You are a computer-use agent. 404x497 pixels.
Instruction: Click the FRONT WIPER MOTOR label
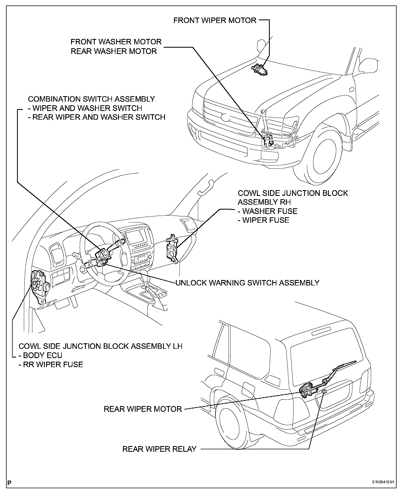(x=215, y=20)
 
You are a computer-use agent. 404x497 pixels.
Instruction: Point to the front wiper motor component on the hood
(x=260, y=69)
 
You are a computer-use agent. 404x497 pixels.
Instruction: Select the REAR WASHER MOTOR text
(x=114, y=51)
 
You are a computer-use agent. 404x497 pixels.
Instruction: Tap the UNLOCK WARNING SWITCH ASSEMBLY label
(x=247, y=282)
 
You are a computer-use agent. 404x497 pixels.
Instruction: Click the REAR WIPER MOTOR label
(x=143, y=409)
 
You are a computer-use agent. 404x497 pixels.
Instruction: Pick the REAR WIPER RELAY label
(x=159, y=449)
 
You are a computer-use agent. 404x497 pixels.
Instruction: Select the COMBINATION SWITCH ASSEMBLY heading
(x=91, y=99)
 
